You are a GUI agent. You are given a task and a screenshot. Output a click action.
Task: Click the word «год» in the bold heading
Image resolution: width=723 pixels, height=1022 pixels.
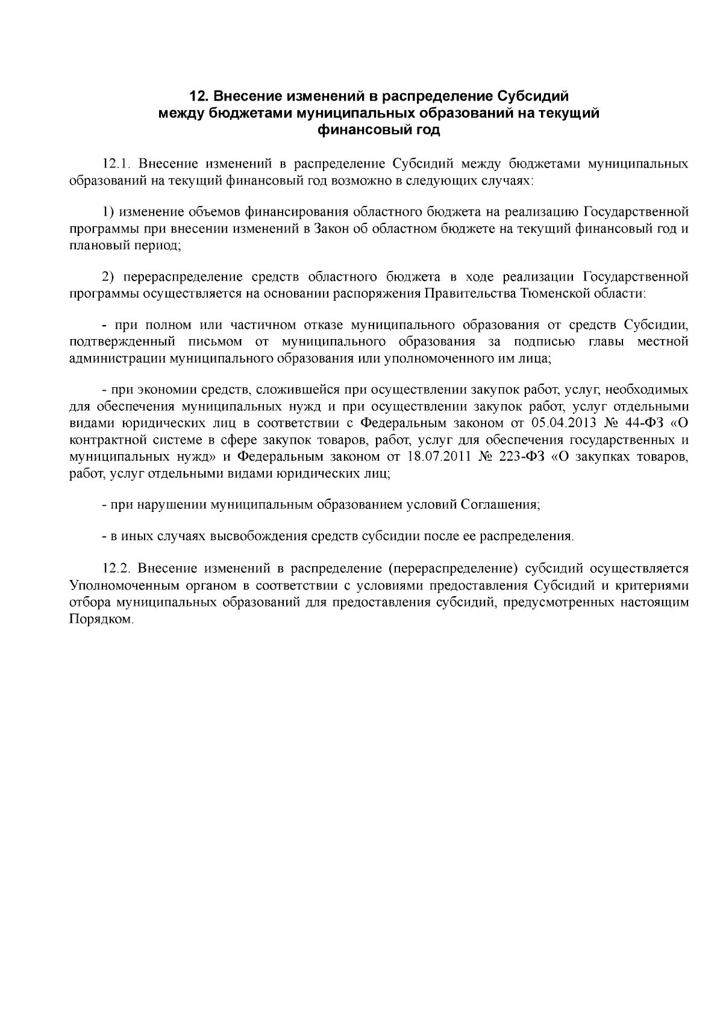coord(425,130)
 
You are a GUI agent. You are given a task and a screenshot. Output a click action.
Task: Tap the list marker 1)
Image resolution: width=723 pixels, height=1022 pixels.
coord(108,212)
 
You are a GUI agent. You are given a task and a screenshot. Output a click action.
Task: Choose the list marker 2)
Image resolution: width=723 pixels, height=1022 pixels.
coord(108,277)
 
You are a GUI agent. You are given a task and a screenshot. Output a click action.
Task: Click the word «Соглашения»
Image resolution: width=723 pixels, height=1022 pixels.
coord(500,504)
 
